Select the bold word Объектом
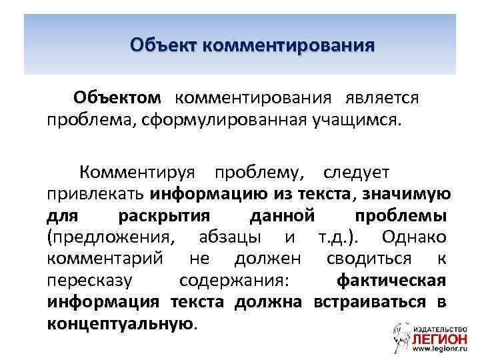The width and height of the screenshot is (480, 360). pyautogui.click(x=117, y=98)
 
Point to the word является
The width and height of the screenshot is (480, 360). pyautogui.click(x=382, y=98)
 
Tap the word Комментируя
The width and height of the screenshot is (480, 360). pyautogui.click(x=137, y=173)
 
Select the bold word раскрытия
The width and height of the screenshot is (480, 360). pyautogui.click(x=163, y=216)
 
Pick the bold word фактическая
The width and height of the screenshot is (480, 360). pyautogui.click(x=391, y=280)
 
